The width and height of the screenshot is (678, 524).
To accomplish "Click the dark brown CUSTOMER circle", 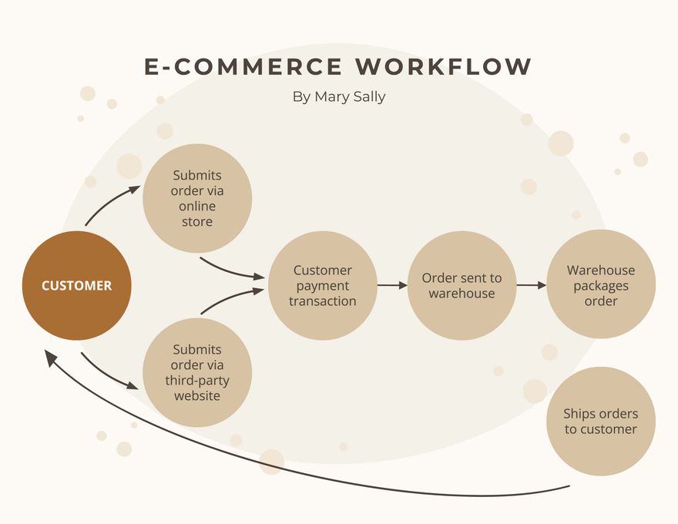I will point(76,285).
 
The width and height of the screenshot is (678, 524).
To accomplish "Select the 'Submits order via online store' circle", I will point(197,198).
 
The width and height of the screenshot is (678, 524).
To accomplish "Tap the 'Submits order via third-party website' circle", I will point(197,373).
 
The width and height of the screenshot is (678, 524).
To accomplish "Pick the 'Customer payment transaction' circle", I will point(323,285).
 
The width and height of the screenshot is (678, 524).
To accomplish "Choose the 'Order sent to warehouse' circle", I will point(462,285).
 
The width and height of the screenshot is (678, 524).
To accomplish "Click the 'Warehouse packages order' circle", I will point(601,284).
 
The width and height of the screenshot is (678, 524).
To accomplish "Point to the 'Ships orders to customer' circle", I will point(601,422).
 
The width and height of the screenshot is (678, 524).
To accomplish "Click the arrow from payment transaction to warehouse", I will point(392,285).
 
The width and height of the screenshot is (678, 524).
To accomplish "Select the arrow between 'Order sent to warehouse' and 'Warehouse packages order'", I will point(531,285).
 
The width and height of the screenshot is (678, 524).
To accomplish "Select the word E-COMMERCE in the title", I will point(243,67).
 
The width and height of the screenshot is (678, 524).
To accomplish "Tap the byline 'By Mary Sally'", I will point(339,97).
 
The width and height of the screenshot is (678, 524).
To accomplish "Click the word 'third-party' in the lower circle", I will point(197,381).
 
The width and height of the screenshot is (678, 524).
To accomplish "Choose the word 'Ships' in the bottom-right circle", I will point(580,414).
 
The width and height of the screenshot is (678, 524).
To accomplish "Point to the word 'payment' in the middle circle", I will point(323,285).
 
